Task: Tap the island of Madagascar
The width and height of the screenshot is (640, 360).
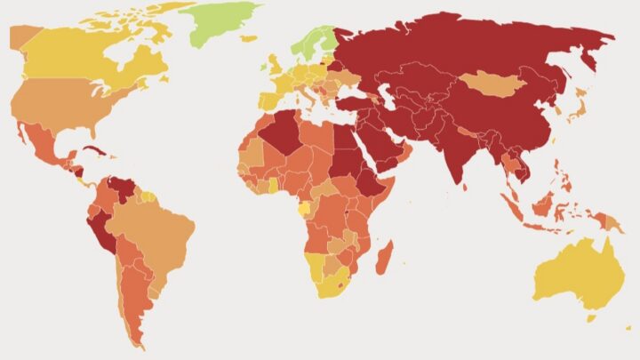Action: pos(384,259)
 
